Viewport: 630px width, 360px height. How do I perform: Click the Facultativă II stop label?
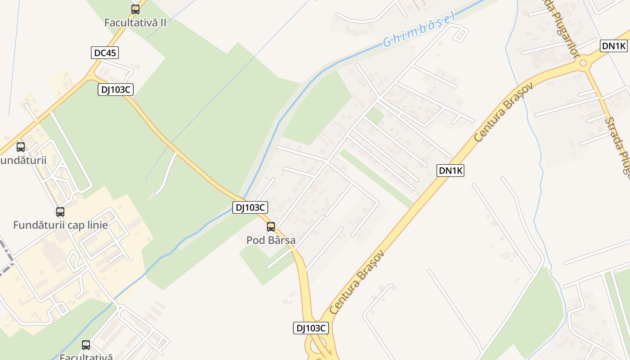135,22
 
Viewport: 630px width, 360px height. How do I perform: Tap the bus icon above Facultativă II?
135,9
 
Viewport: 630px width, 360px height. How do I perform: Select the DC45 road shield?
105,53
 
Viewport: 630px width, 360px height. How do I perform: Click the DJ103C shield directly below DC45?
116,90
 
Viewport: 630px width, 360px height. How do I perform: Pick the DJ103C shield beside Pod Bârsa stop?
250,207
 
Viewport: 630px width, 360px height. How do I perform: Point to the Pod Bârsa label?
271,240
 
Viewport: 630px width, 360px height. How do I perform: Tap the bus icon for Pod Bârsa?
271,227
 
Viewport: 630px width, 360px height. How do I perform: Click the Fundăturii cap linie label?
60,225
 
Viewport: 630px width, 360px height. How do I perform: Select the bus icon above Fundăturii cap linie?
60,212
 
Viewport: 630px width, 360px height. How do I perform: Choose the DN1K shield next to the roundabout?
614,45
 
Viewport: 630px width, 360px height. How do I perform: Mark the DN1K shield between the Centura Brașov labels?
450,170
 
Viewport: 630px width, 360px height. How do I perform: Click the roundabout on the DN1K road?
583,63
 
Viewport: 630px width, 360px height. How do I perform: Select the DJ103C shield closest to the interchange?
310,328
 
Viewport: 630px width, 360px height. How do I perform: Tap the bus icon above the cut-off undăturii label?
21,147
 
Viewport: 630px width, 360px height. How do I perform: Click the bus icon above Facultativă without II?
86,346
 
